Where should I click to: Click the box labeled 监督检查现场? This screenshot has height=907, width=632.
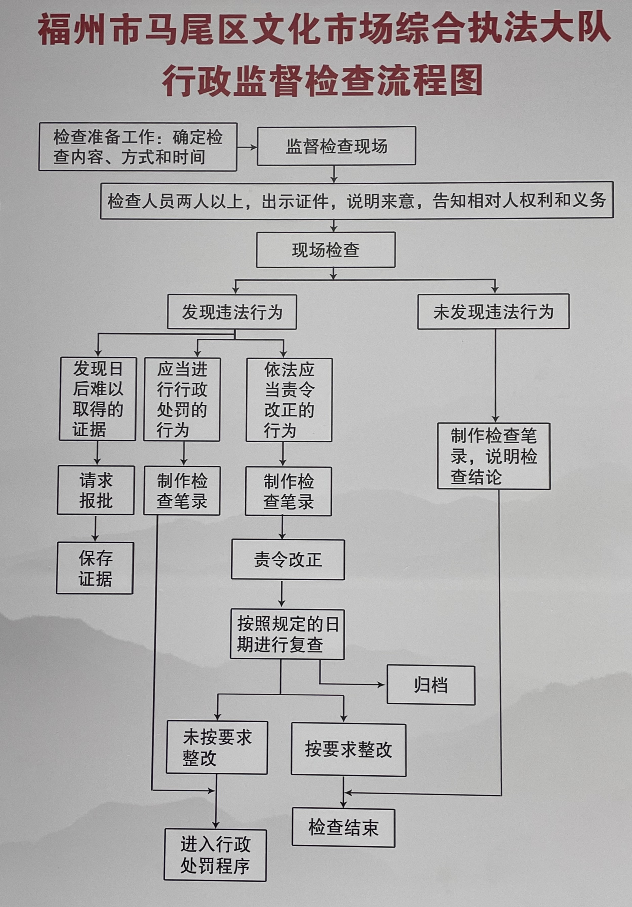[x=336, y=146]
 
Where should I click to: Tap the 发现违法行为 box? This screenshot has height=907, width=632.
[x=232, y=312]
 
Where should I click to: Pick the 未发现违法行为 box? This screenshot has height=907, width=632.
[x=493, y=312]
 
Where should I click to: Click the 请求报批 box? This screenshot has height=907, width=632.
[x=96, y=490]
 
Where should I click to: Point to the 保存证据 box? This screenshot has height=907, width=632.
[x=95, y=568]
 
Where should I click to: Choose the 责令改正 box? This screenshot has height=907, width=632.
[x=288, y=560]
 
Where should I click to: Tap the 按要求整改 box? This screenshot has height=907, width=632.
[x=348, y=750]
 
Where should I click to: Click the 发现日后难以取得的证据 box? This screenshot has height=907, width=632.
[x=97, y=399]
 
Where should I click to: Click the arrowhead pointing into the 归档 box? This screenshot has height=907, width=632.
[x=382, y=685]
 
